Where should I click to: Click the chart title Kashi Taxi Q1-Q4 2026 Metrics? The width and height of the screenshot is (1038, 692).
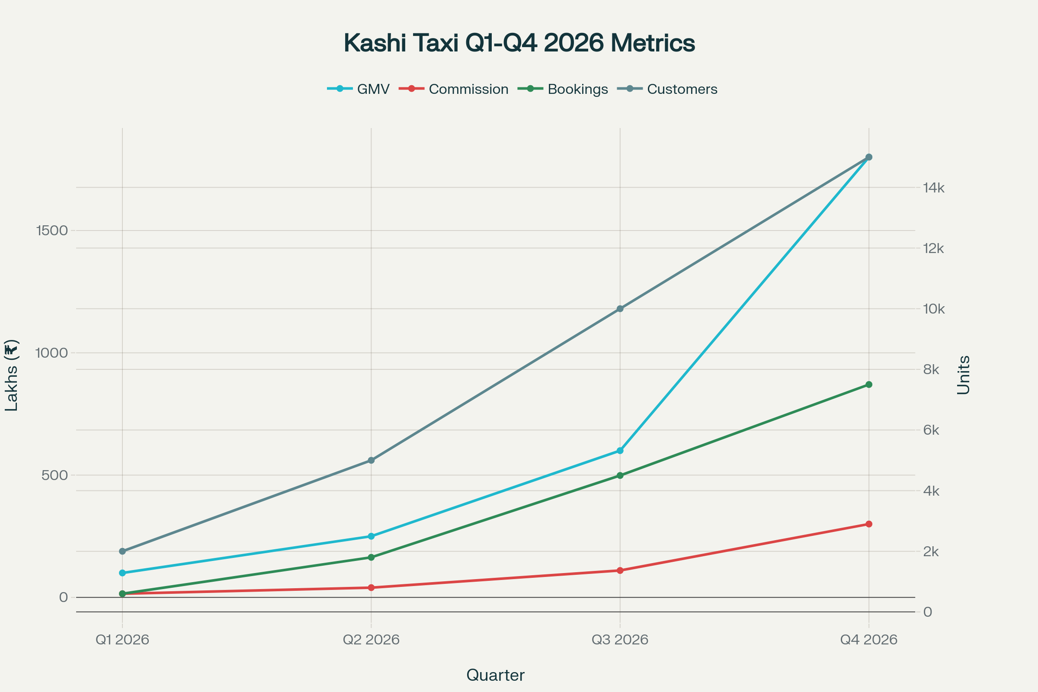point(519,43)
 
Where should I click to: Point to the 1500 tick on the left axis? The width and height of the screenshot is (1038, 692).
point(51,231)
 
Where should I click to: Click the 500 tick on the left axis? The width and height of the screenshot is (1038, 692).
point(55,475)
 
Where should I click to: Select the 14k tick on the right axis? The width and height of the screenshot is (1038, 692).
point(933,188)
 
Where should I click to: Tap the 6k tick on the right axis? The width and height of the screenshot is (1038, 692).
point(931,430)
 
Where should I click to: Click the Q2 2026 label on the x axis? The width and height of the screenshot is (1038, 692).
point(371,640)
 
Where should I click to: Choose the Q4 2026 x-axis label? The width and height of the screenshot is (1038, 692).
point(868,640)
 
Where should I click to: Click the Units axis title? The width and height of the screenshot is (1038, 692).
point(964,375)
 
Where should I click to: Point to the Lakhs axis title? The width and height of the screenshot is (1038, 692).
point(12,375)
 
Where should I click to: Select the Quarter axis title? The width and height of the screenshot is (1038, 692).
point(495,675)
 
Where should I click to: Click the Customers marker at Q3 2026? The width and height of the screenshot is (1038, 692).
point(620,308)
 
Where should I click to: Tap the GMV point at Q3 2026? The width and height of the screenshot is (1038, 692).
point(620,451)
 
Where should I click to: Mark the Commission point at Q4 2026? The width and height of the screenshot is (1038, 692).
point(869,524)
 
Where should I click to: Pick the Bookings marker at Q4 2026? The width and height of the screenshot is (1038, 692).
point(869,385)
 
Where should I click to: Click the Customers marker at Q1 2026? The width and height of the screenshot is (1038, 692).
point(122,551)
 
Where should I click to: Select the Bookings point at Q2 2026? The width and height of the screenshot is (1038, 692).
point(371,557)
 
